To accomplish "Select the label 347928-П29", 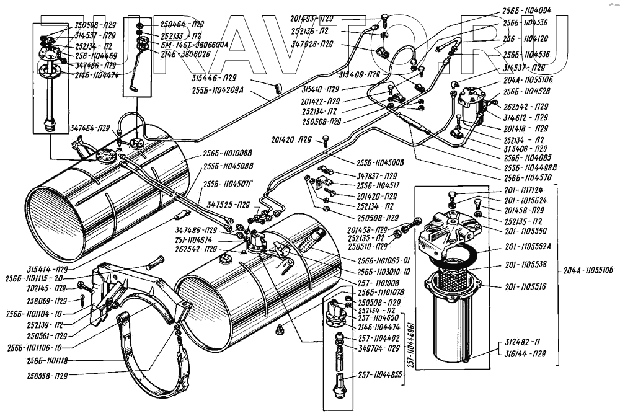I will point(313,46).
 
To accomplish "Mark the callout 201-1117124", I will point(525,190).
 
